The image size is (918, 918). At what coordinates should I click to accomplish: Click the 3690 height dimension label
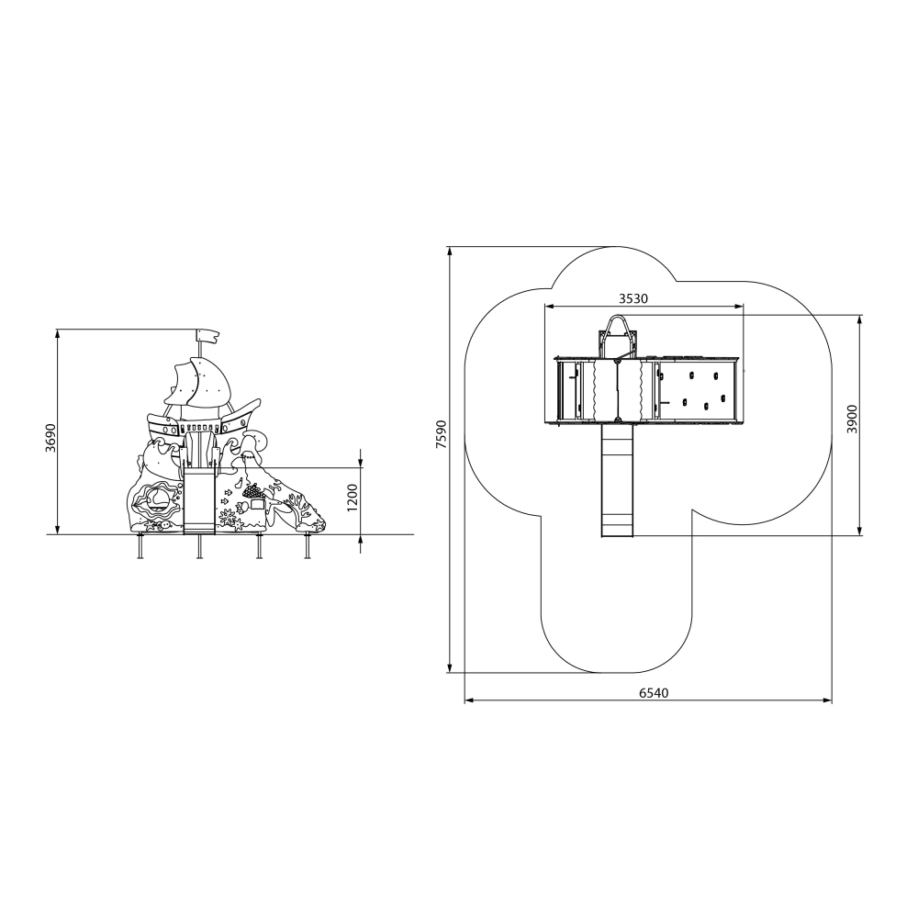click(50, 437)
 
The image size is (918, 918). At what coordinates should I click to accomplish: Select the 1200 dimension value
click(352, 497)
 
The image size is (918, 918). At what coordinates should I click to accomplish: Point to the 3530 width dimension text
click(633, 298)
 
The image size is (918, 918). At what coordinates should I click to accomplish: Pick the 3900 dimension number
click(852, 419)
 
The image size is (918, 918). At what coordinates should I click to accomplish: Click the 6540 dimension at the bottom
click(654, 693)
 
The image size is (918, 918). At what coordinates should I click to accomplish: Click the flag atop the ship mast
click(207, 336)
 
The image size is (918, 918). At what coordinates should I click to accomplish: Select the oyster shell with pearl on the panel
click(155, 500)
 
